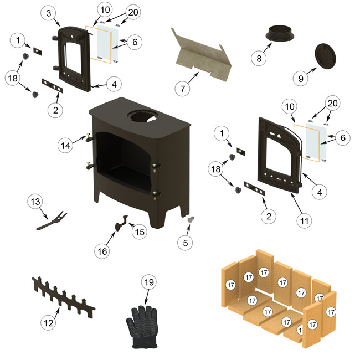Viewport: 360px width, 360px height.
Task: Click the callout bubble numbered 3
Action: coord(48,13)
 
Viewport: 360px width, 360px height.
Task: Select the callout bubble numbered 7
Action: coord(183,89)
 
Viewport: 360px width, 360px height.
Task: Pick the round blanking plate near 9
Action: coord(326,56)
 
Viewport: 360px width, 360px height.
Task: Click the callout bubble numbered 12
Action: coord(48,323)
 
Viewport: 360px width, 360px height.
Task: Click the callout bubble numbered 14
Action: coord(65,145)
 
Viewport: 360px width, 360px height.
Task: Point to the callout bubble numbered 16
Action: coord(102,251)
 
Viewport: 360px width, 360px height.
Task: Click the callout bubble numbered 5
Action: coord(186,243)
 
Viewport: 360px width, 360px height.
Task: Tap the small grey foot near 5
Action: coord(191,219)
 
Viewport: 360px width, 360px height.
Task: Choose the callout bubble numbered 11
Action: coord(304,221)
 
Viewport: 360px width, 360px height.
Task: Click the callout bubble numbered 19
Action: coord(149,282)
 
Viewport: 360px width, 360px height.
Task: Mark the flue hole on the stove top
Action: coord(143,116)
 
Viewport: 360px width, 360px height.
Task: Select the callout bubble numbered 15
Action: coord(140,232)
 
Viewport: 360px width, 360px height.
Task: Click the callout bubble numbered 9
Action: coord(301,79)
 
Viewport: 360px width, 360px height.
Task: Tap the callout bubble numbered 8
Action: coord(259,58)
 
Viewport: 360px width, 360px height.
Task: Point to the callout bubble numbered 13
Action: coord(35,202)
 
